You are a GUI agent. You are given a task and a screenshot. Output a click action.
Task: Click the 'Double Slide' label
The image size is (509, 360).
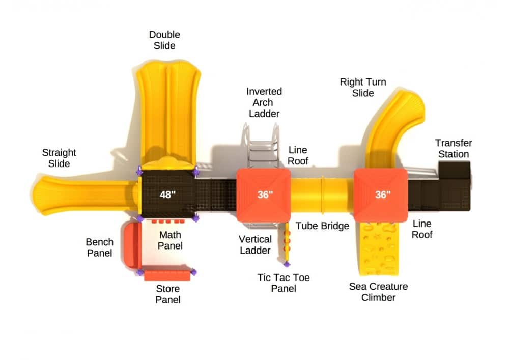click(164, 40)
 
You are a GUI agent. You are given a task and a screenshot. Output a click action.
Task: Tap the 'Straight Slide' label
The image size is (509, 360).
click(59, 158)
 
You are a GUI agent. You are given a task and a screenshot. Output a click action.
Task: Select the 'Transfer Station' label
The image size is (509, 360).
click(453, 149)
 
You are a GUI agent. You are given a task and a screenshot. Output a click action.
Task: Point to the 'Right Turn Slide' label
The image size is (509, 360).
click(363, 88)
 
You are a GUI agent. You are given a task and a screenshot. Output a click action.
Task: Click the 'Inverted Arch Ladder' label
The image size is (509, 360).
click(264, 102)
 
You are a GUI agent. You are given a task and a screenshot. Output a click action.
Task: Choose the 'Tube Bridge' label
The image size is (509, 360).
click(322, 226)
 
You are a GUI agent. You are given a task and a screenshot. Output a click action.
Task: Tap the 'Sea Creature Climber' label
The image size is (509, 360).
click(378, 292)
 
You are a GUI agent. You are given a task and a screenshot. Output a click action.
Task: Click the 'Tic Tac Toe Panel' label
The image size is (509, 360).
click(284, 283)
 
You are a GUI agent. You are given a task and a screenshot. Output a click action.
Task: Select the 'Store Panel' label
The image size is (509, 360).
click(167, 294)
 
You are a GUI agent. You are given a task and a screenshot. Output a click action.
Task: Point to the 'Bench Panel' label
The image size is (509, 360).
click(99, 247)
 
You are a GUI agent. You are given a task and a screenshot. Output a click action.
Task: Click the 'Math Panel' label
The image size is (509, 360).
click(170, 240)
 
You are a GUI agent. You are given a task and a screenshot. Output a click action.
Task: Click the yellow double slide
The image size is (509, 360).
click(168, 112)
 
